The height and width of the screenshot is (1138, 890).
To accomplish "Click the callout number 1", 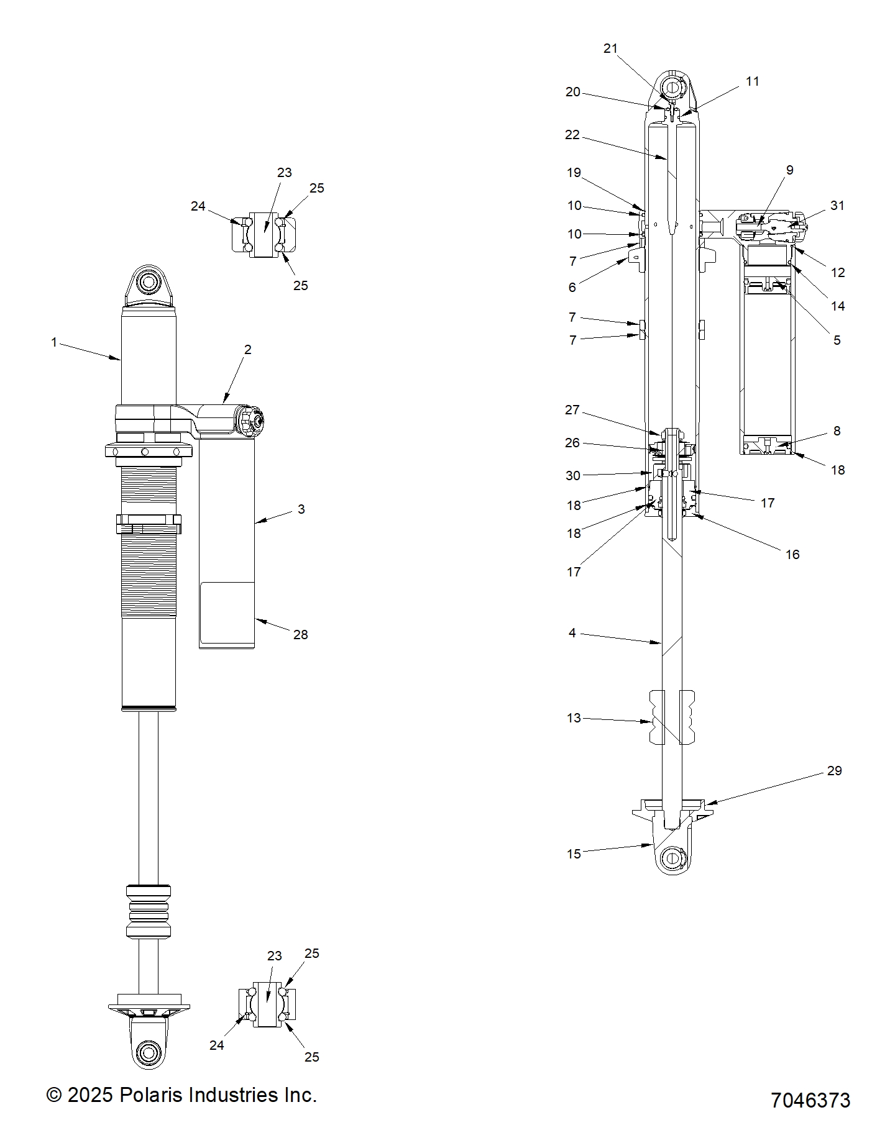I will (x=54, y=342).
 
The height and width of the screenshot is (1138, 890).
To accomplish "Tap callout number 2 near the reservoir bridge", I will (x=247, y=350).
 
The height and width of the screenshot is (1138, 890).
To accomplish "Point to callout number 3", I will (x=301, y=509).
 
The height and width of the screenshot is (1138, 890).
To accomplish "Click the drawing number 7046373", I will (x=810, y=1100).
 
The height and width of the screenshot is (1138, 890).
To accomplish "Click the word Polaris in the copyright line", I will (x=151, y=1095).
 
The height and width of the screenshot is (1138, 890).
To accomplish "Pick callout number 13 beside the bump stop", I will (x=574, y=718).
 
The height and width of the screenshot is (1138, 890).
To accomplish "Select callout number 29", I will (x=834, y=771).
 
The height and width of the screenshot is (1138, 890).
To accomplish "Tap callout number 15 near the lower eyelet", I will (x=574, y=854).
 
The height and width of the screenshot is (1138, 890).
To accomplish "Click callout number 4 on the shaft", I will (x=572, y=633).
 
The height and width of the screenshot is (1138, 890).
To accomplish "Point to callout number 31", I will (x=837, y=206).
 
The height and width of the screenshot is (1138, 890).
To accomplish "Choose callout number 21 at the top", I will (x=611, y=48).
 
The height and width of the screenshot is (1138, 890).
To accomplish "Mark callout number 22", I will (x=572, y=135).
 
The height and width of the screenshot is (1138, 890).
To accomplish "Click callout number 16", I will (x=792, y=554).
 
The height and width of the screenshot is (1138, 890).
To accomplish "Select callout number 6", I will (x=572, y=287).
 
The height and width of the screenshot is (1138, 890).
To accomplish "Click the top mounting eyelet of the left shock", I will (x=149, y=283).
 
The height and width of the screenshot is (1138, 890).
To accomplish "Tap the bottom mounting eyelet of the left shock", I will (x=149, y=1052).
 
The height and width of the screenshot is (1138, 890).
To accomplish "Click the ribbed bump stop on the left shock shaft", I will (x=148, y=913).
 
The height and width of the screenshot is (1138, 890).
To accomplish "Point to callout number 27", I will (x=572, y=410).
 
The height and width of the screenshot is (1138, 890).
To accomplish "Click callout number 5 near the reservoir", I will (x=837, y=340).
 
